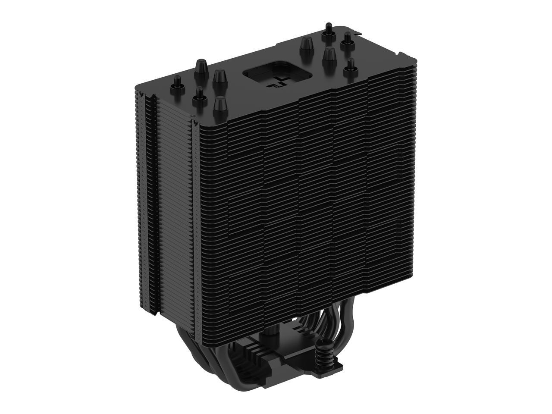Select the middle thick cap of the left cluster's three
click(218, 80)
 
